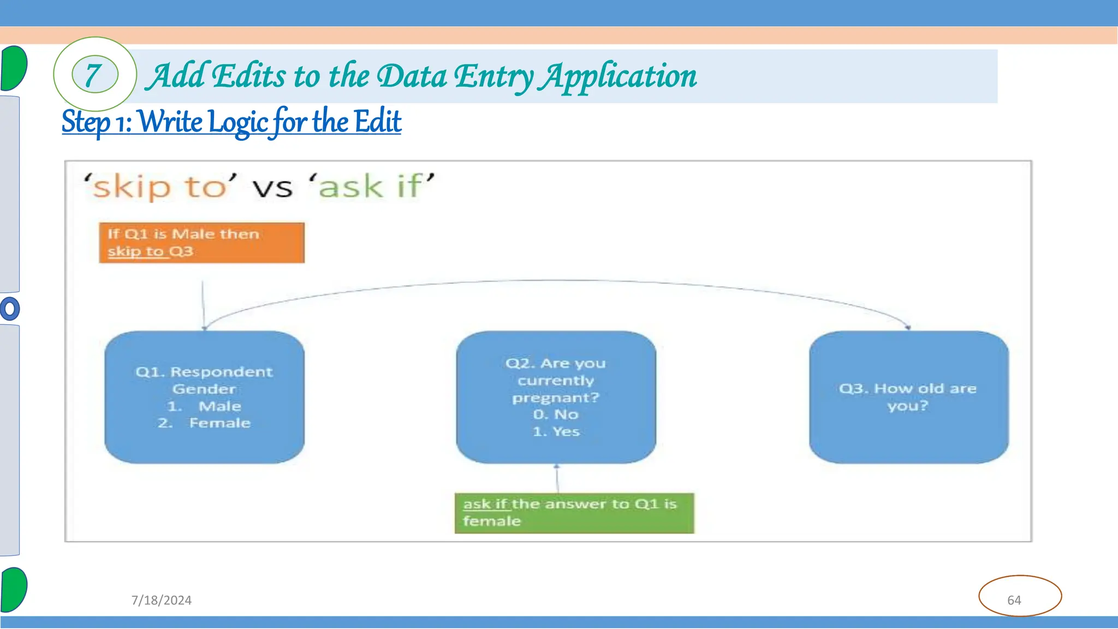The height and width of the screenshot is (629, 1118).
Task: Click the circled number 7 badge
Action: (95, 75)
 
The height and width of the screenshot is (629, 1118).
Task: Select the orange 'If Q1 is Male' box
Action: (201, 242)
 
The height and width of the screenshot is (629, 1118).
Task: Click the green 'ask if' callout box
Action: (574, 513)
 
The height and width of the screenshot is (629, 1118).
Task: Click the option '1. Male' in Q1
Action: (205, 406)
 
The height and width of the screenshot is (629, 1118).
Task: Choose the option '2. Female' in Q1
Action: (204, 423)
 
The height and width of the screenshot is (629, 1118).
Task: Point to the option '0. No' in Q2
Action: (556, 414)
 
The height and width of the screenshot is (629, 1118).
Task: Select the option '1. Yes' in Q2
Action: (556, 431)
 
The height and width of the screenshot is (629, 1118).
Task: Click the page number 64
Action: (1014, 600)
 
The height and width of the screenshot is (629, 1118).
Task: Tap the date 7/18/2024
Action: (161, 600)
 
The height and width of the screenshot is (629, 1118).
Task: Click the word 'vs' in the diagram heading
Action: (272, 188)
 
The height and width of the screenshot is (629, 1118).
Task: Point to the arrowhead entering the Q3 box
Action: (908, 327)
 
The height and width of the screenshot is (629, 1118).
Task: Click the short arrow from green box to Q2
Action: (557, 479)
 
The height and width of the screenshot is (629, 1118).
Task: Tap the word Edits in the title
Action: (248, 76)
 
